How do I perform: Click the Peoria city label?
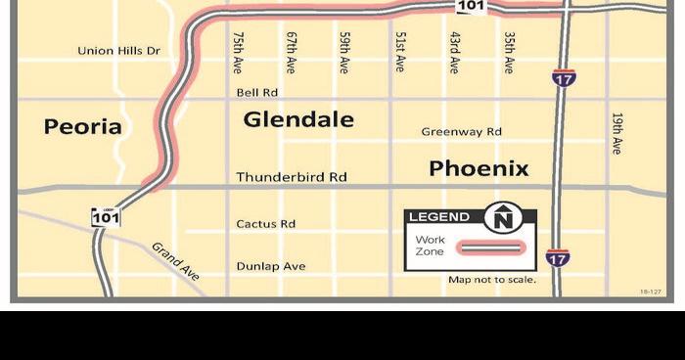83,126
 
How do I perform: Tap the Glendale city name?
298,119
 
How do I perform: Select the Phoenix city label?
479,168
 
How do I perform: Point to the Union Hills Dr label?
118,50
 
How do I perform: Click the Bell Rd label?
257,93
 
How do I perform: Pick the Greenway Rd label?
461,131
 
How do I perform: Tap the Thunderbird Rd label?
292,177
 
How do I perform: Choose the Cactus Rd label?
265,224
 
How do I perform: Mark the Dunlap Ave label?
271,266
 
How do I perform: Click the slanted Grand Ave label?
175,261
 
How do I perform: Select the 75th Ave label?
238,52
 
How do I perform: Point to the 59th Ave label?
344,52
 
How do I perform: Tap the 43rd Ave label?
455,52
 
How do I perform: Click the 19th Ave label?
616,132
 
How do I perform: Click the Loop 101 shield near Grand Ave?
106,216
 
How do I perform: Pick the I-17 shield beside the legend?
558,257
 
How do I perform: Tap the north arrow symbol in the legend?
503,218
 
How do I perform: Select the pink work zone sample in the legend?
493,248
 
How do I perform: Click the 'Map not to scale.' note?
492,280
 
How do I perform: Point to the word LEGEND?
438,217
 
